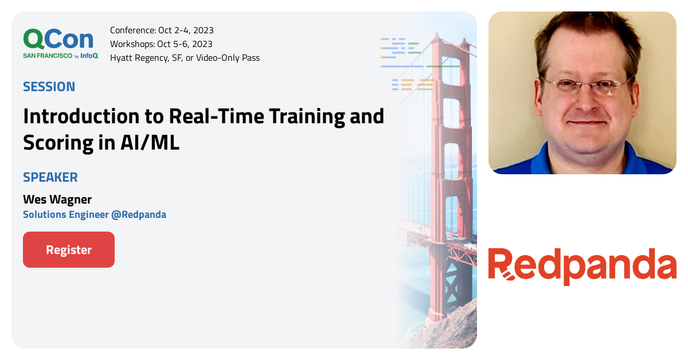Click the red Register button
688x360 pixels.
click(x=69, y=250)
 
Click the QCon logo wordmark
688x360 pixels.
click(x=58, y=38)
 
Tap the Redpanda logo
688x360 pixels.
click(x=582, y=266)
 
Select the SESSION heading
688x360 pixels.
click(x=49, y=87)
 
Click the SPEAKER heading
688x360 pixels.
click(x=50, y=177)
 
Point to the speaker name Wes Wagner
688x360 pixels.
click(x=57, y=199)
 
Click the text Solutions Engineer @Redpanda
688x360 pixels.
click(x=95, y=215)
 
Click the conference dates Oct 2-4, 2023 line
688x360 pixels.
click(x=162, y=30)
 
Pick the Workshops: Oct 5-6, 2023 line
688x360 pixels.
click(x=161, y=44)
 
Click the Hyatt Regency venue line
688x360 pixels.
click(x=185, y=58)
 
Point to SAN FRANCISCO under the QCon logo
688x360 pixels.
click(x=48, y=56)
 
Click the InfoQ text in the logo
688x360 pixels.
click(x=89, y=56)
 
